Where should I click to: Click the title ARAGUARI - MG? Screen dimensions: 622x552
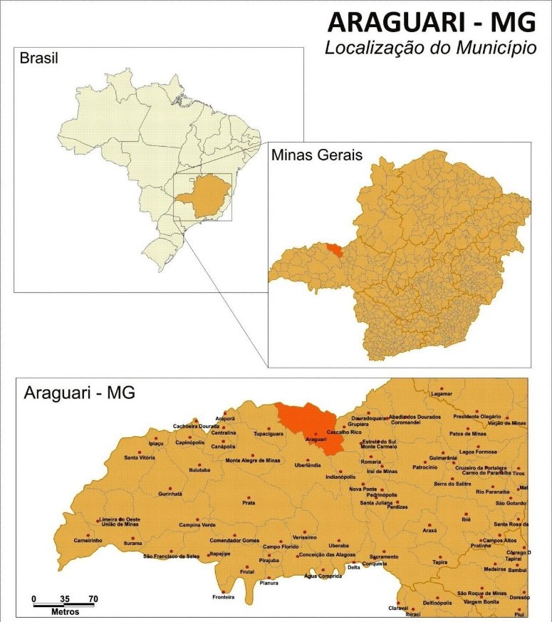click(x=431, y=23)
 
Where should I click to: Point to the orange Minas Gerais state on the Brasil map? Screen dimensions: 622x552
click(x=202, y=197)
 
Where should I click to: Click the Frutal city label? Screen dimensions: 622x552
click(x=247, y=571)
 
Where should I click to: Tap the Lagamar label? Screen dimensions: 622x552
click(x=442, y=393)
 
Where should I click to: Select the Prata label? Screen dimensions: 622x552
click(x=249, y=502)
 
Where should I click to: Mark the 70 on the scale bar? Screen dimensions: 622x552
click(x=93, y=598)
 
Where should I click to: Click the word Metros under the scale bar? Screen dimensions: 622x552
click(x=64, y=612)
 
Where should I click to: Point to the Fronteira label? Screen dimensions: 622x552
click(x=223, y=596)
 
